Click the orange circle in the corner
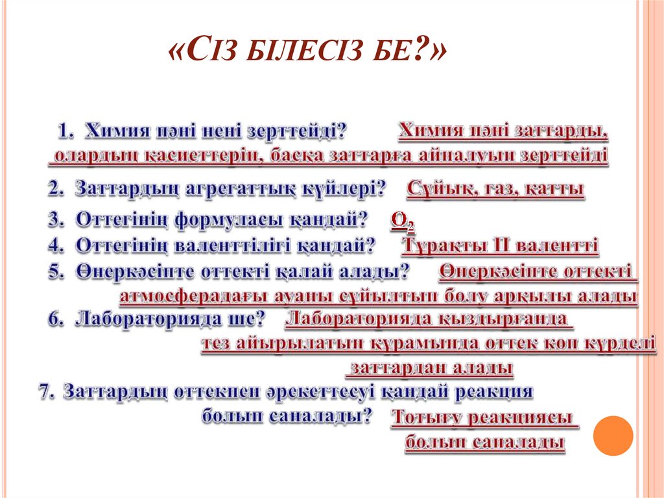click(613, 435)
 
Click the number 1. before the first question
click(67, 131)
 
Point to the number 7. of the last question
click(48, 392)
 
